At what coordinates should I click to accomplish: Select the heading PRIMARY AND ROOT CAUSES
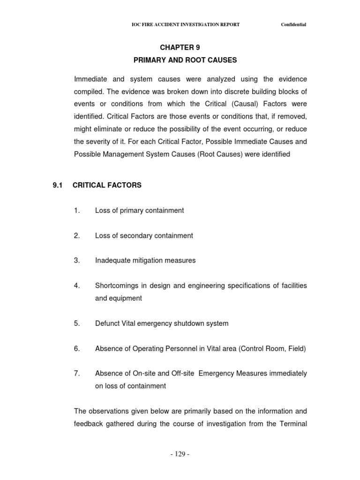pyautogui.click(x=185, y=60)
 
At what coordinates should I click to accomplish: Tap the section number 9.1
pyautogui.click(x=58, y=185)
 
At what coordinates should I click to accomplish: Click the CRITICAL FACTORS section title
pyautogui.click(x=107, y=185)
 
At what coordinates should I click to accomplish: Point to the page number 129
pyautogui.click(x=180, y=454)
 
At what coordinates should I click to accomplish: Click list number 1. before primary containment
pyautogui.click(x=77, y=210)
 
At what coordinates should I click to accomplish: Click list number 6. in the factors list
pyautogui.click(x=77, y=348)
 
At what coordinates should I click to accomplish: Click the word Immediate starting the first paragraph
pyautogui.click(x=90, y=79)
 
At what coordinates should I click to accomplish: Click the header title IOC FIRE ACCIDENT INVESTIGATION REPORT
pyautogui.click(x=186, y=25)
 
